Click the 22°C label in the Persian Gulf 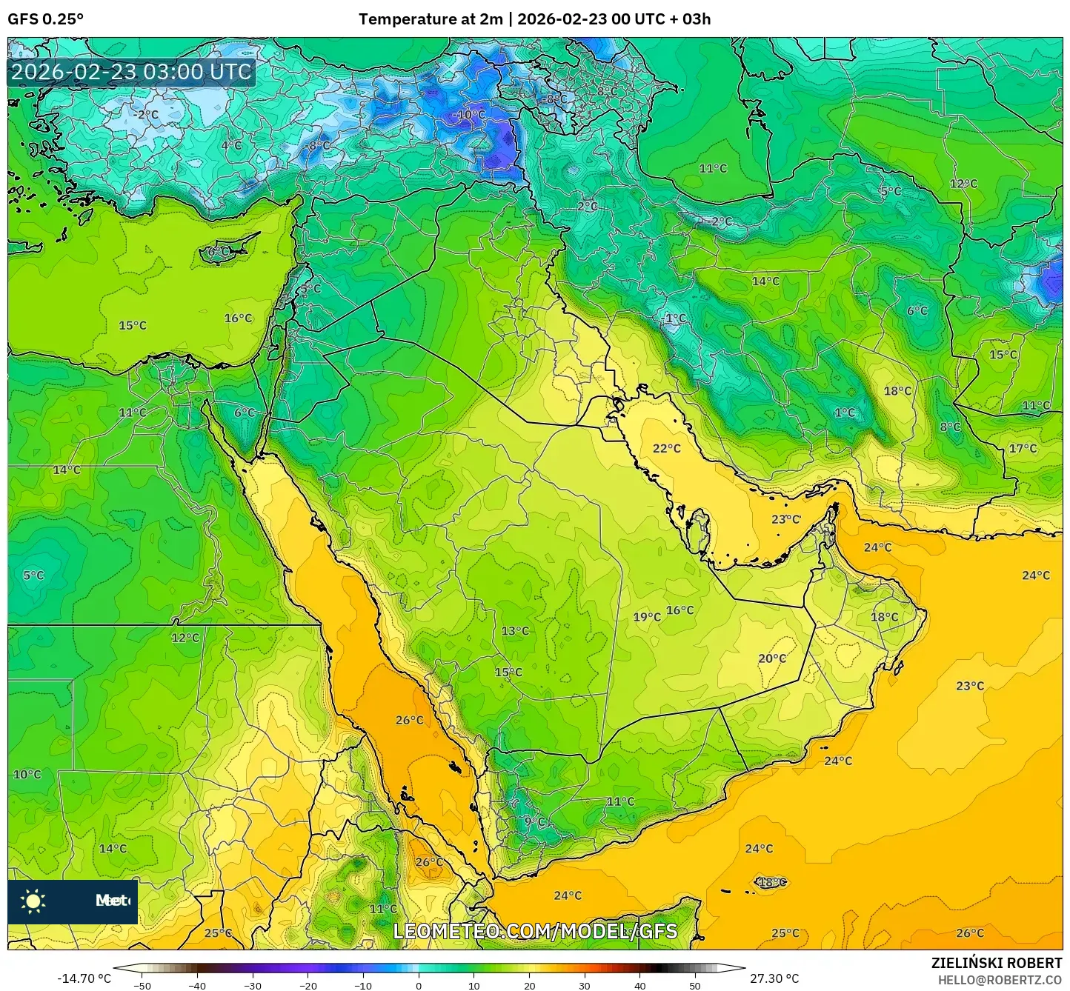click(x=666, y=448)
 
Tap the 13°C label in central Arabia click(x=515, y=631)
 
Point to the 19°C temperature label click(x=646, y=617)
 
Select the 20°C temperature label click(x=771, y=658)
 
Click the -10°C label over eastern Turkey click(x=469, y=115)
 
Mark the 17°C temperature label click(x=1023, y=448)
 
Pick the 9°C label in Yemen click(x=535, y=821)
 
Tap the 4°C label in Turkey click(x=231, y=145)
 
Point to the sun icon click(x=33, y=901)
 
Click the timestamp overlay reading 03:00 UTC click(x=131, y=72)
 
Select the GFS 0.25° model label click(x=46, y=19)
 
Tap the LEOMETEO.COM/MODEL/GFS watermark click(x=535, y=931)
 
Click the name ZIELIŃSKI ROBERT click(x=996, y=963)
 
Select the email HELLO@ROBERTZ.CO click(x=1000, y=979)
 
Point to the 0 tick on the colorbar click(x=419, y=985)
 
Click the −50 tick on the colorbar click(x=142, y=985)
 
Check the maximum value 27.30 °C click(x=774, y=978)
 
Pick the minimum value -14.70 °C click(x=84, y=978)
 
